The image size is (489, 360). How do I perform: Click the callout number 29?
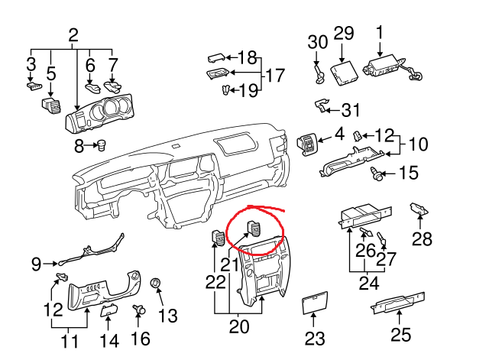tap(344, 34)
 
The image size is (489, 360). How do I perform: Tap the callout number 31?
tap(351, 110)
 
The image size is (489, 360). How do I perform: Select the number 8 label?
tap(79, 146)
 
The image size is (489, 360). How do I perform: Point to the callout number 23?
tap(315, 338)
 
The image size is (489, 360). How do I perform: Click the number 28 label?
tap(422, 239)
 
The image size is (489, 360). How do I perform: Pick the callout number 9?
tap(36, 264)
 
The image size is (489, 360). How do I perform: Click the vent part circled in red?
tap(254, 229)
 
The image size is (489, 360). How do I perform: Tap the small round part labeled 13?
tap(155, 282)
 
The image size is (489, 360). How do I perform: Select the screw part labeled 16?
tap(139, 310)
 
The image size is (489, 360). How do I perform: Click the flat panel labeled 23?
tap(315, 302)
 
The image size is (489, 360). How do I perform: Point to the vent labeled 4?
tap(306, 144)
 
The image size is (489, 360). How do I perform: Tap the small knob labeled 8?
tap(102, 145)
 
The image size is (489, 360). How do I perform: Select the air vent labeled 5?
tap(51, 105)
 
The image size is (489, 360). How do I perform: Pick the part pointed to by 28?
tap(419, 209)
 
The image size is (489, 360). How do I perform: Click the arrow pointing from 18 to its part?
tap(232, 58)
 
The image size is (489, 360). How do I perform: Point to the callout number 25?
tap(400, 335)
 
